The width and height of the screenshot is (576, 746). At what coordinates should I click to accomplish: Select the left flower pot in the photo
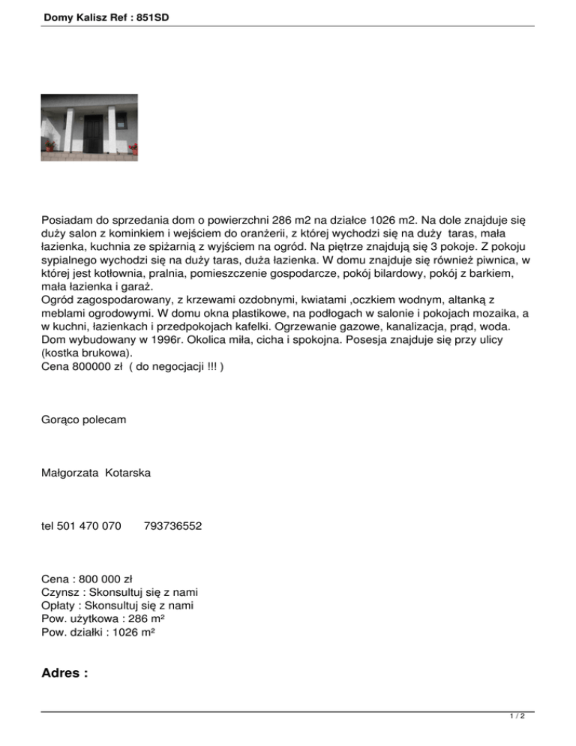(49, 144)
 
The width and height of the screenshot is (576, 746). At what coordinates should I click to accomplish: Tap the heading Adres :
(65, 672)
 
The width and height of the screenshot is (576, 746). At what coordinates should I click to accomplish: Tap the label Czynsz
(61, 592)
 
